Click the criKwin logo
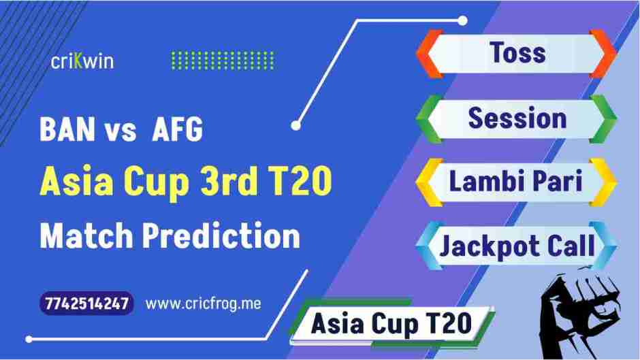tap(82, 61)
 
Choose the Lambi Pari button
tap(516, 182)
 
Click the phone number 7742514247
tap(86, 304)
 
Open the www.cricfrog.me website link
tap(203, 304)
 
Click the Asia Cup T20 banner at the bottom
tap(391, 323)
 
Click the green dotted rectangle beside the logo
tap(222, 61)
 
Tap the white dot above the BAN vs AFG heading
tap(295, 125)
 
